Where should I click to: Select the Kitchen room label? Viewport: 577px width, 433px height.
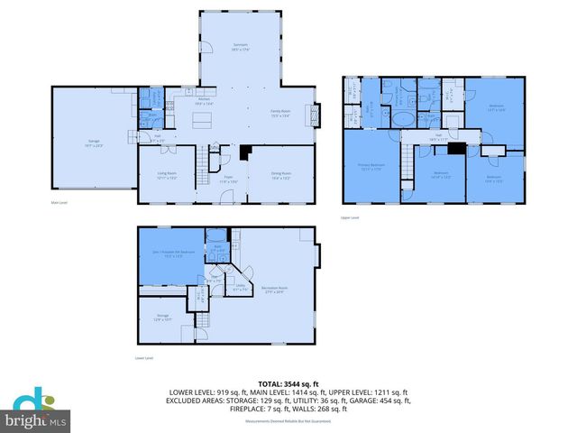click(203, 103)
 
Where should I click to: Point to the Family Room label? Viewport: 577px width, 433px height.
click(281, 113)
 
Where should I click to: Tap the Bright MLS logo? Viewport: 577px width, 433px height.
click(36, 411)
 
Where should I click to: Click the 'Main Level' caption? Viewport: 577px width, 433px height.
click(60, 204)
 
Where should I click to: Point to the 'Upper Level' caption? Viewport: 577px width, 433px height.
click(350, 217)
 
